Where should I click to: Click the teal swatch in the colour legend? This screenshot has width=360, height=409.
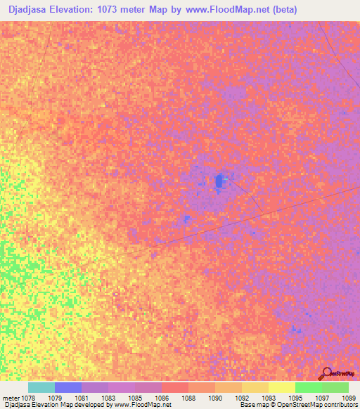(41, 387)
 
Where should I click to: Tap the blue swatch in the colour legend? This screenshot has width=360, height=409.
(68, 387)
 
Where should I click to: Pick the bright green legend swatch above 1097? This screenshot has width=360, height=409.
(308, 387)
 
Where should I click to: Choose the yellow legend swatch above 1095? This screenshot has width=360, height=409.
(281, 387)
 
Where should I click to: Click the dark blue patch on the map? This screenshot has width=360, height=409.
(219, 181)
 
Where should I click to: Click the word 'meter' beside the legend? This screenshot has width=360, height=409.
(11, 398)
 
